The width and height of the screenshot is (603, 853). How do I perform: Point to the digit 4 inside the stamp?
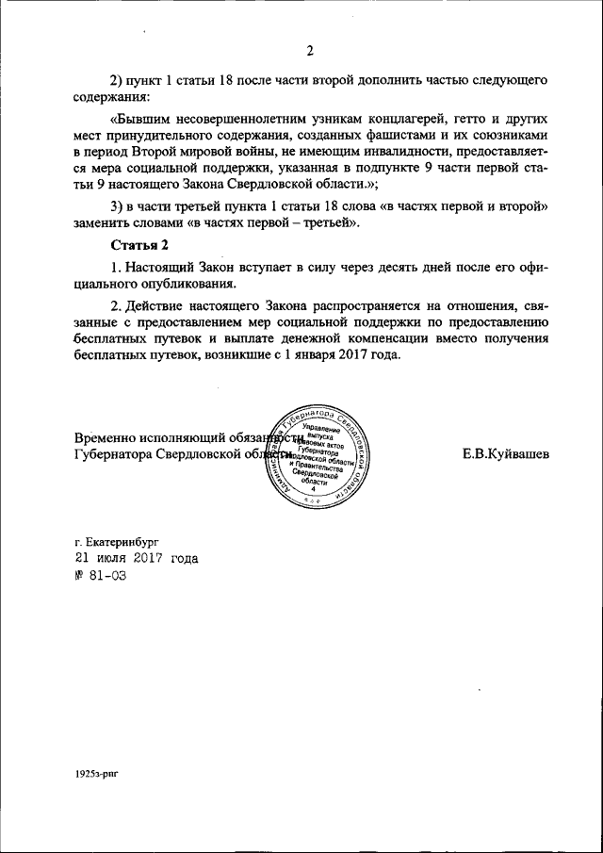click(x=314, y=489)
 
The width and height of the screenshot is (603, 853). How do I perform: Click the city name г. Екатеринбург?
click(x=118, y=544)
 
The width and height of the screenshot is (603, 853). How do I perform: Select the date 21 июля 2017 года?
click(x=137, y=559)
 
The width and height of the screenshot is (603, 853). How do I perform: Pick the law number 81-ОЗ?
click(x=100, y=574)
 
